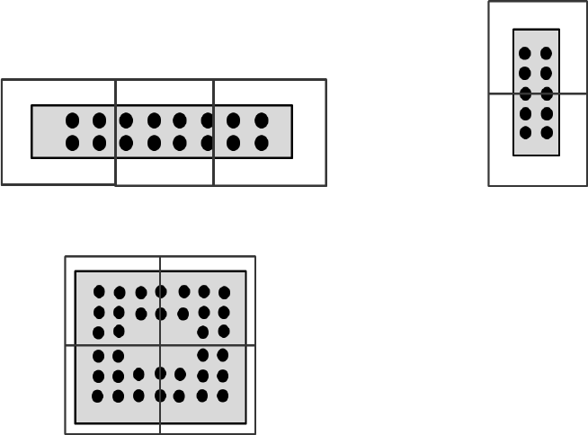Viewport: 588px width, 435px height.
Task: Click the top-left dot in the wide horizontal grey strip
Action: pos(72,120)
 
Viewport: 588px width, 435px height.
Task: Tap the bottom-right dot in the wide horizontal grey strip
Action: pos(262,143)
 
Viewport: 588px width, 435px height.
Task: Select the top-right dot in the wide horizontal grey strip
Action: pos(262,120)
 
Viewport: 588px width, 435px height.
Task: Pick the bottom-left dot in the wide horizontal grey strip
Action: pos(72,143)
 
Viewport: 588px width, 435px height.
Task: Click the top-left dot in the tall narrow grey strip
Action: pos(525,53)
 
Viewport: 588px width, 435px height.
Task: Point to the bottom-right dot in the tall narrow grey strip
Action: pos(546,133)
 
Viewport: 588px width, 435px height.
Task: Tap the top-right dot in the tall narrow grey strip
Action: pos(546,53)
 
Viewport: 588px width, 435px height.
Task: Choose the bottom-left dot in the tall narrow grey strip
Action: pos(525,133)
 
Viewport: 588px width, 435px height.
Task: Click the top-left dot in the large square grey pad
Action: pos(99,291)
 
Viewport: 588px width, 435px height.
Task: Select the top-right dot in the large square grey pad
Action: pos(224,292)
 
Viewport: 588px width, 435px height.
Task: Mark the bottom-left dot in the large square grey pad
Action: pos(98,396)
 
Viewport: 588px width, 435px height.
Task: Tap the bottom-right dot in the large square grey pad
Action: pos(223,395)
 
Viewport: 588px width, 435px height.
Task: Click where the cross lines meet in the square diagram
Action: pos(160,345)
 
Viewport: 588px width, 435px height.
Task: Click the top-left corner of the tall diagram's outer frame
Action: pos(489,2)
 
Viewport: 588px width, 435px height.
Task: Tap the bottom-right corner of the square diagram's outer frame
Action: pos(254,433)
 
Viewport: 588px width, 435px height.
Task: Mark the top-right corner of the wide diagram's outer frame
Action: pos(325,80)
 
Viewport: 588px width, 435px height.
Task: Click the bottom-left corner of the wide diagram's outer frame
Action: pos(3,184)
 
